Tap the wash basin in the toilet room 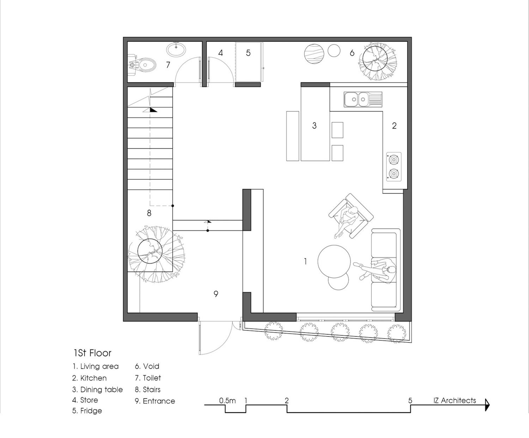click(176, 49)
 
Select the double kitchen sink click(363, 99)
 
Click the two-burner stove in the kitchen click(394, 167)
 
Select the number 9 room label click(216, 294)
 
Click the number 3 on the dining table click(314, 125)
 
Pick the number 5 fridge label click(248, 53)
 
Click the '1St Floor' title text click(92, 353)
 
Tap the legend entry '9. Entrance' click(155, 401)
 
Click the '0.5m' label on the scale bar click(227, 401)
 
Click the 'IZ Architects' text click(455, 400)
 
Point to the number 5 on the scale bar click(410, 401)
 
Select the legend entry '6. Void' click(147, 366)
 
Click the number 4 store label click(221, 53)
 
